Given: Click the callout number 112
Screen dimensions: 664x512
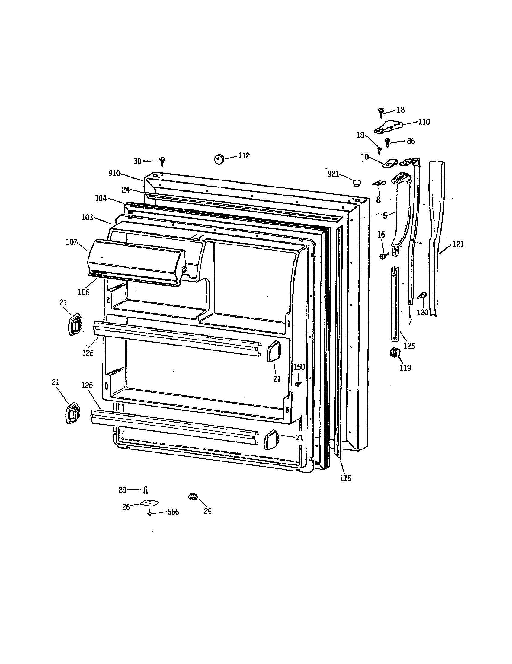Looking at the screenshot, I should [x=244, y=156].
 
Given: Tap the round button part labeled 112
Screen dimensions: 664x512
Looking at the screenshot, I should [x=219, y=159].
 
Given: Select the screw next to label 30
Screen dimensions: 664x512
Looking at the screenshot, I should [x=163, y=161].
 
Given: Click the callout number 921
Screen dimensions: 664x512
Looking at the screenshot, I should [x=333, y=174].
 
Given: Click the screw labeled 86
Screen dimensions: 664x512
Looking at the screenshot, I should [x=388, y=142].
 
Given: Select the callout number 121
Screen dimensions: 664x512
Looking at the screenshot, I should [x=459, y=244].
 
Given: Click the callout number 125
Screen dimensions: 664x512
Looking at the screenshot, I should [x=409, y=346].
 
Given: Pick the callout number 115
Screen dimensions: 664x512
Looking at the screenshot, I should [x=346, y=478].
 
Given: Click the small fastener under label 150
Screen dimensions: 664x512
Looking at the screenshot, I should [x=298, y=384].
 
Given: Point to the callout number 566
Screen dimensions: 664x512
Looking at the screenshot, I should [x=173, y=512].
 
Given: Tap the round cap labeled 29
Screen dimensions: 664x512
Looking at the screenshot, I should [x=193, y=496].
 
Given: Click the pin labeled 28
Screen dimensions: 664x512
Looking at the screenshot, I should [x=146, y=490].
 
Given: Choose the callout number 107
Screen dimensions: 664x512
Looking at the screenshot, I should [x=72, y=243].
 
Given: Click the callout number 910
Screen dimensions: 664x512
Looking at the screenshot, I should [x=114, y=174].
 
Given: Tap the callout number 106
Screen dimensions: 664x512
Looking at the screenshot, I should [x=84, y=292].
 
